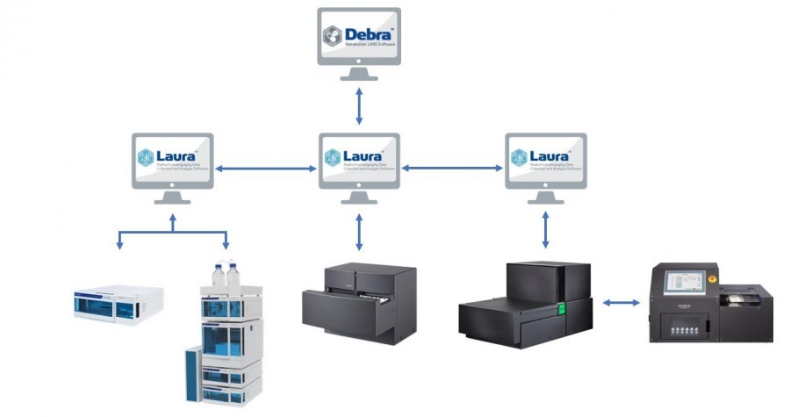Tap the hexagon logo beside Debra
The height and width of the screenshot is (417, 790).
[x=333, y=36]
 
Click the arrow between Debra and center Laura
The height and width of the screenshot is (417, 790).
[x=358, y=104]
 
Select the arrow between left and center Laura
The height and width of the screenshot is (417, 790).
[x=265, y=167]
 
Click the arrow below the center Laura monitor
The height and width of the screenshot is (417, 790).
[x=358, y=233]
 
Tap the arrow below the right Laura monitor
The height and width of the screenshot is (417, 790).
[x=546, y=228]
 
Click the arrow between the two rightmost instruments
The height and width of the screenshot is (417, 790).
[x=621, y=303]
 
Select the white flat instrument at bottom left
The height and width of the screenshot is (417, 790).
[x=117, y=303]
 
